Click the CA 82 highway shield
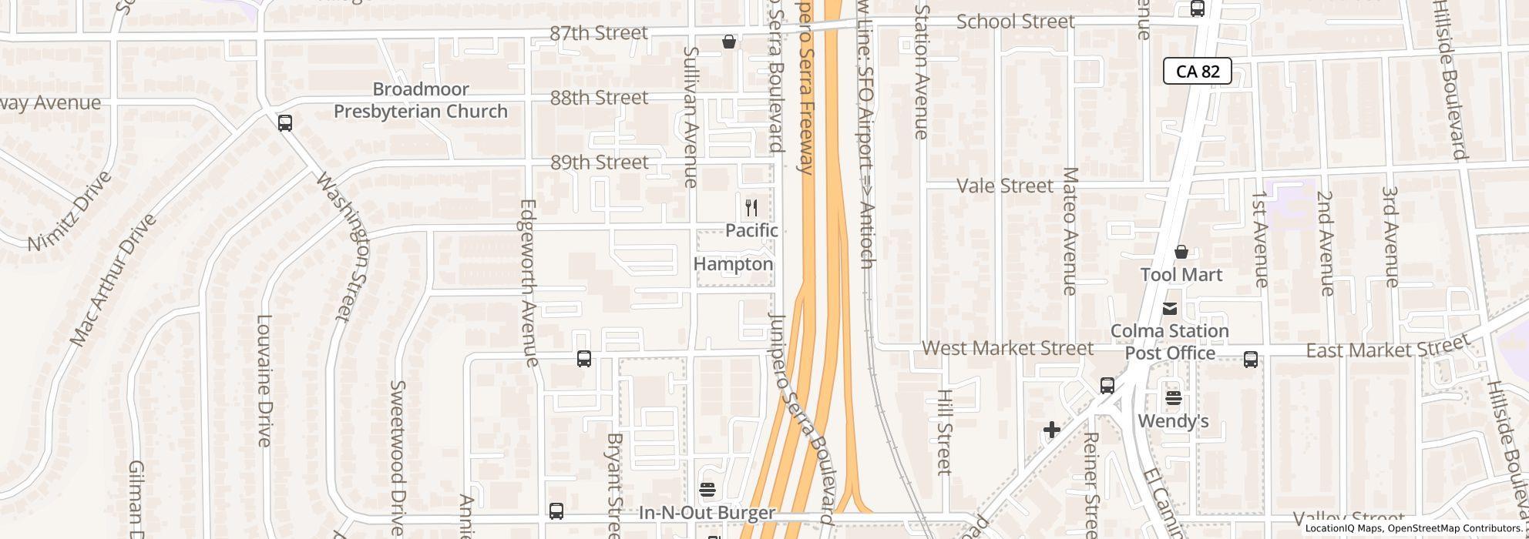[x=1197, y=72]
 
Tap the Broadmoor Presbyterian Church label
[x=420, y=100]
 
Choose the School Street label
[x=1015, y=22]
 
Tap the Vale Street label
[x=1004, y=186]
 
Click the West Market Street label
[x=1007, y=348]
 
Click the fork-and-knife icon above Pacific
[x=751, y=208]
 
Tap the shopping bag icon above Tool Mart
[x=1181, y=252]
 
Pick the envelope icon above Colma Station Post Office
[x=1169, y=309]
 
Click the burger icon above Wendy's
[x=1173, y=398]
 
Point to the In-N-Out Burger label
[x=707, y=513]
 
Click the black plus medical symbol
[x=1052, y=430]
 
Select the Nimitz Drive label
[x=69, y=210]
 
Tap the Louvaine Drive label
[x=264, y=380]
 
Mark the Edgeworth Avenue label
[x=529, y=283]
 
